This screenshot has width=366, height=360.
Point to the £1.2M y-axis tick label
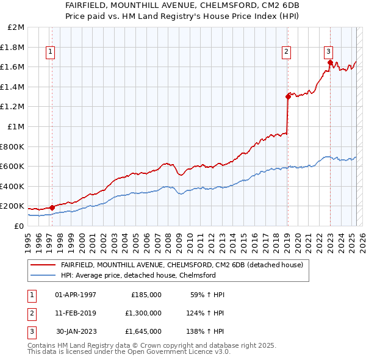tap(13, 107)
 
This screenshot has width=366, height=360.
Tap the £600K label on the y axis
tap(13, 166)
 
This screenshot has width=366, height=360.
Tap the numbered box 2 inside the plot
tap(285, 52)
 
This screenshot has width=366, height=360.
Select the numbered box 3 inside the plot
tap(328, 52)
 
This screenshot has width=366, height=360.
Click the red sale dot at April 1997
tap(52, 207)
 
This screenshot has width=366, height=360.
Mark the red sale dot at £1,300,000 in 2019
tap(288, 96)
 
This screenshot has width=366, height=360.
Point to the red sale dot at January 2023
tap(330, 62)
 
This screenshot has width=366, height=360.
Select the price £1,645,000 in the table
tap(146, 331)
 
